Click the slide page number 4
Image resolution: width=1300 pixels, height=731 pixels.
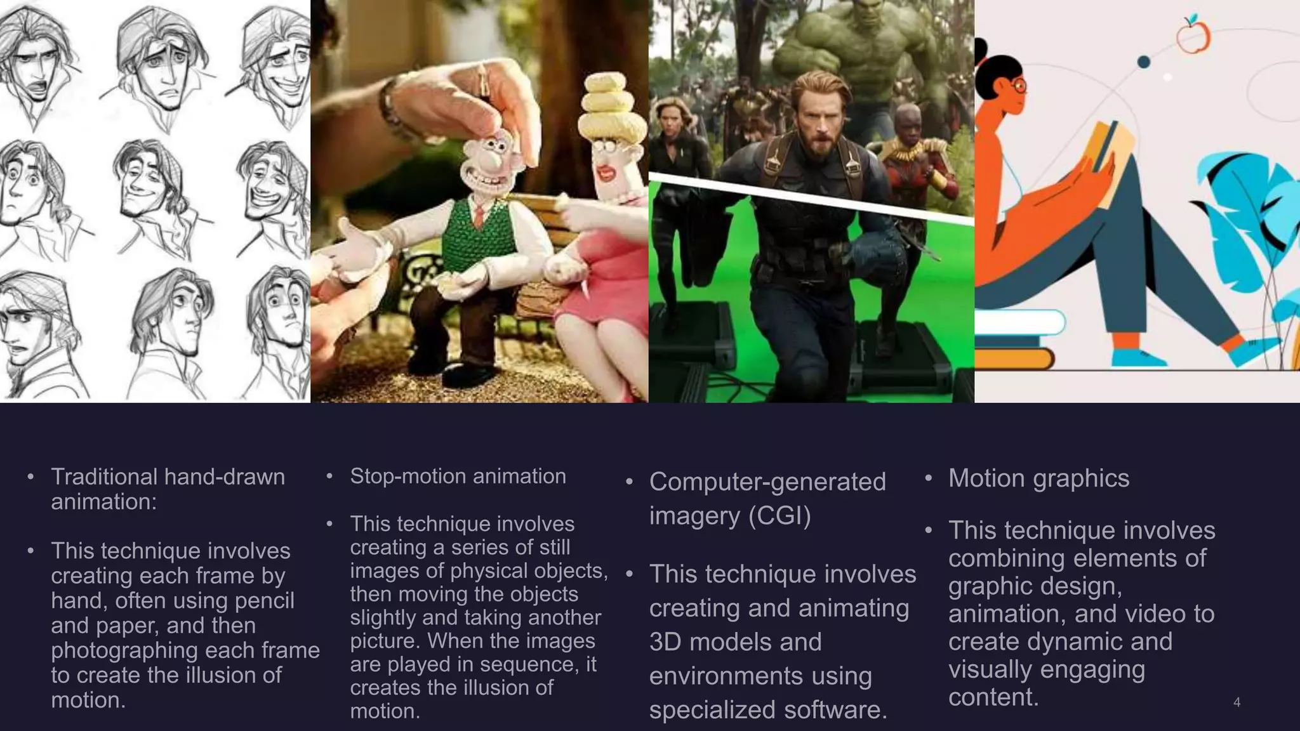[x=1237, y=702]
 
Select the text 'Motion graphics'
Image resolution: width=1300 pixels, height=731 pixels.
[x=1038, y=478]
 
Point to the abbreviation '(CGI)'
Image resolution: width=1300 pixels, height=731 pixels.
[x=779, y=515]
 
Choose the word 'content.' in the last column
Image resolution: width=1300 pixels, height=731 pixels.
[x=993, y=697]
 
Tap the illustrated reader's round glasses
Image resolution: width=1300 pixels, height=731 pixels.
[x=1019, y=86]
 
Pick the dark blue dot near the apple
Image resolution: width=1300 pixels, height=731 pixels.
[x=1144, y=62]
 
